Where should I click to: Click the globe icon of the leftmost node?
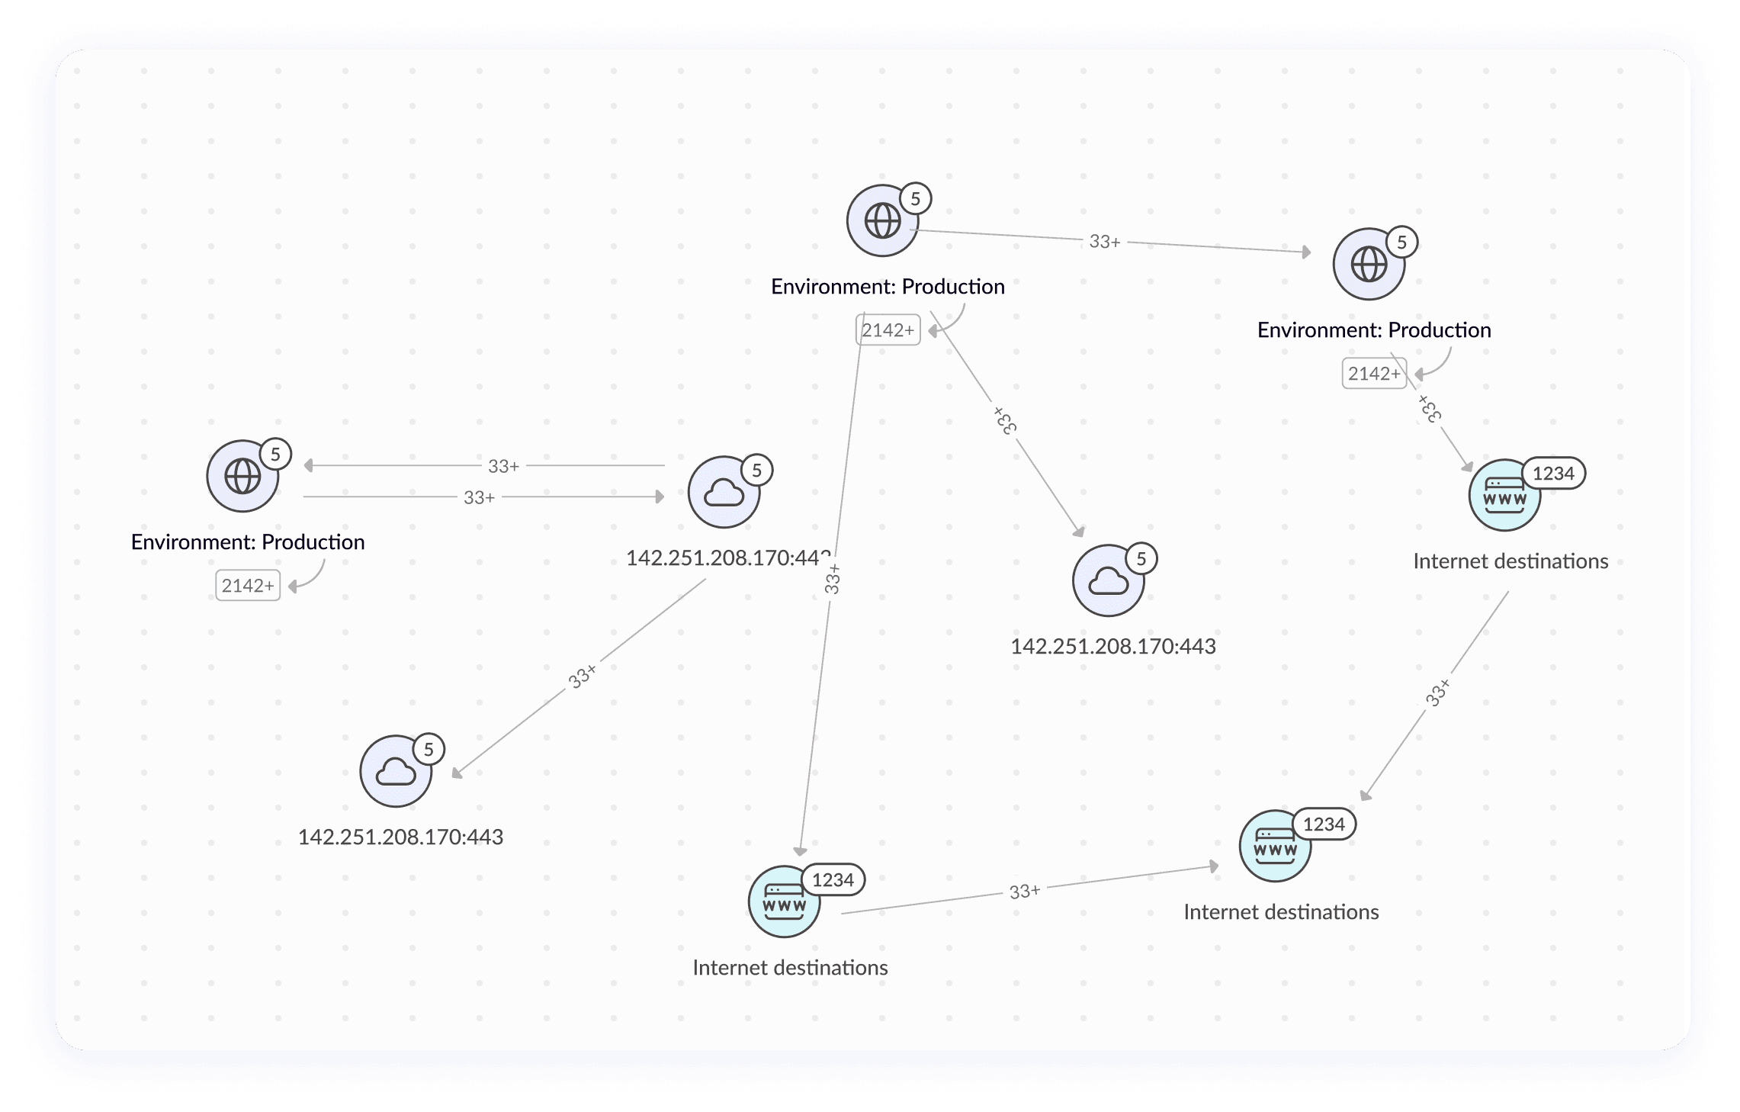pos(242,477)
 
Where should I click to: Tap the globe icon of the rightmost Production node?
pos(1369,265)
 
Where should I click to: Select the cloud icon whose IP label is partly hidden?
pos(724,493)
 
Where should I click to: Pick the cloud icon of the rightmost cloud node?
pos(1108,581)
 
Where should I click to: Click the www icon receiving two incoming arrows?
pos(1275,847)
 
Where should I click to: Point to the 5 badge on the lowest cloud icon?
pos(429,749)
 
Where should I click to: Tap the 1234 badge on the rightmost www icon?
pos(1553,474)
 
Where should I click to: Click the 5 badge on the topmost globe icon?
pos(915,199)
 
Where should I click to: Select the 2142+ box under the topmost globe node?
pos(888,330)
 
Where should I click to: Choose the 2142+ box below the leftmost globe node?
pos(248,586)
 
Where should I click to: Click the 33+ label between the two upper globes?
pos(1104,242)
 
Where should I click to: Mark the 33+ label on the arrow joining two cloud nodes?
pos(583,676)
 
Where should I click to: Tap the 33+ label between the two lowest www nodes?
pos(1024,892)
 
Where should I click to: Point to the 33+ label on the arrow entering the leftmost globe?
pos(503,466)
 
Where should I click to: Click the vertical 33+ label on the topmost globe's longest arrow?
pos(833,579)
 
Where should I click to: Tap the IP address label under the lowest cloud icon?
pos(400,837)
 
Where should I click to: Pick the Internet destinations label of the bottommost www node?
pos(790,968)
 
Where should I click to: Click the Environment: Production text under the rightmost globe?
pos(1374,330)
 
